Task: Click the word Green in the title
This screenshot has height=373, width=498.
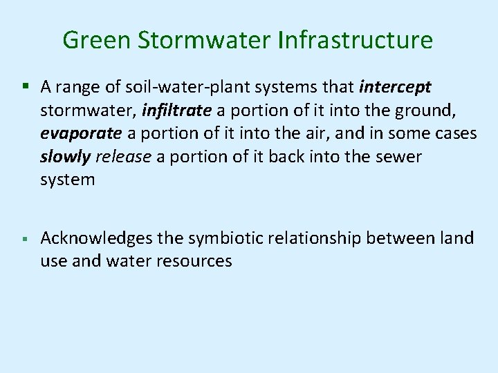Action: pyautogui.click(x=94, y=40)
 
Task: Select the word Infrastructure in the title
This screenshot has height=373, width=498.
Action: pyautogui.click(x=356, y=40)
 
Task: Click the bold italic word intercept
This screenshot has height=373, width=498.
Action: pyautogui.click(x=396, y=86)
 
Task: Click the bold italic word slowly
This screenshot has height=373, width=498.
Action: pyautogui.click(x=66, y=157)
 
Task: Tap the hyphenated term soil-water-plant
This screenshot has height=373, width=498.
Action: pyautogui.click(x=170, y=86)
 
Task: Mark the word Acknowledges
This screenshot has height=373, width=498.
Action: pyautogui.click(x=86, y=238)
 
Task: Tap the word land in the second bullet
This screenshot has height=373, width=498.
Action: pyautogui.click(x=457, y=238)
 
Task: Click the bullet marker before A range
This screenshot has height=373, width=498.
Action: pyautogui.click(x=24, y=87)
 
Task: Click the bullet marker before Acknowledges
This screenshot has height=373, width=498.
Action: pyautogui.click(x=24, y=239)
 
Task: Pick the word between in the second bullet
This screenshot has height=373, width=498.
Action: pyautogui.click(x=396, y=238)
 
